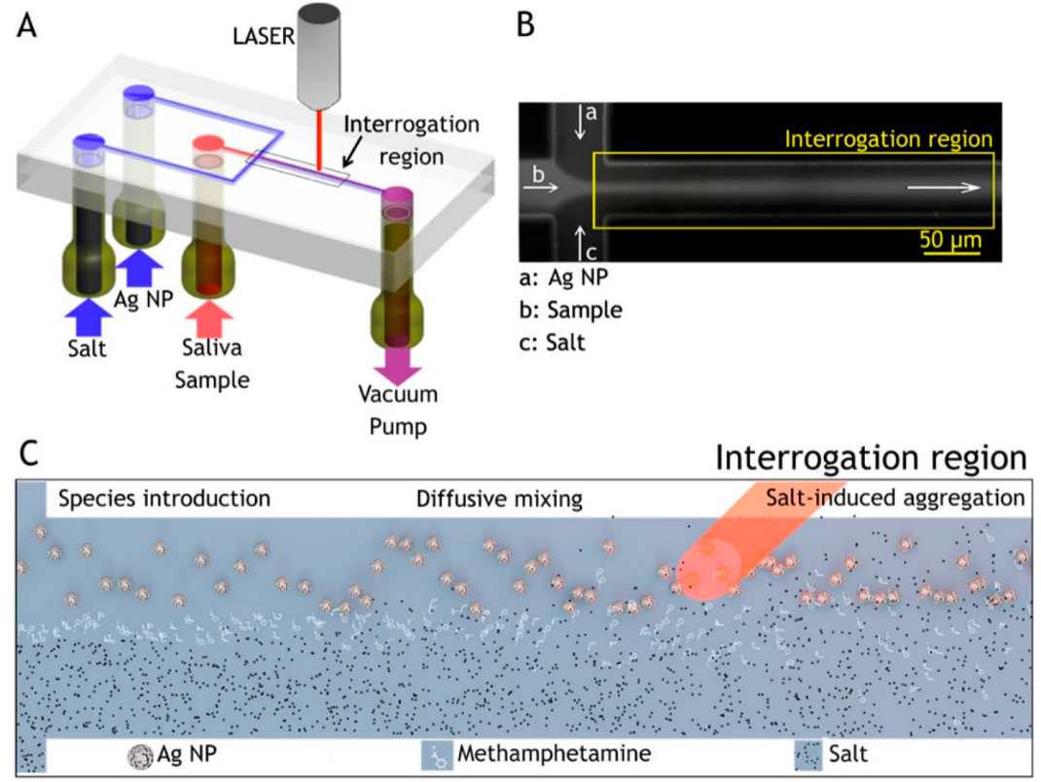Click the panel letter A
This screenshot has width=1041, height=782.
coord(28,25)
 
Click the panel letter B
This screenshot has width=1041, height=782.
coord(526,25)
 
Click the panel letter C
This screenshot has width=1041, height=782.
coord(30,454)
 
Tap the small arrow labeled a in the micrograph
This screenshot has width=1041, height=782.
coord(581,122)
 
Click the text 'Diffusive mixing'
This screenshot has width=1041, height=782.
coord(499,500)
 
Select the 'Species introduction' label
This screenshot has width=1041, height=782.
coord(163,500)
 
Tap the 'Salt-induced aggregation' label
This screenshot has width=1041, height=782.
coord(895,500)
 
